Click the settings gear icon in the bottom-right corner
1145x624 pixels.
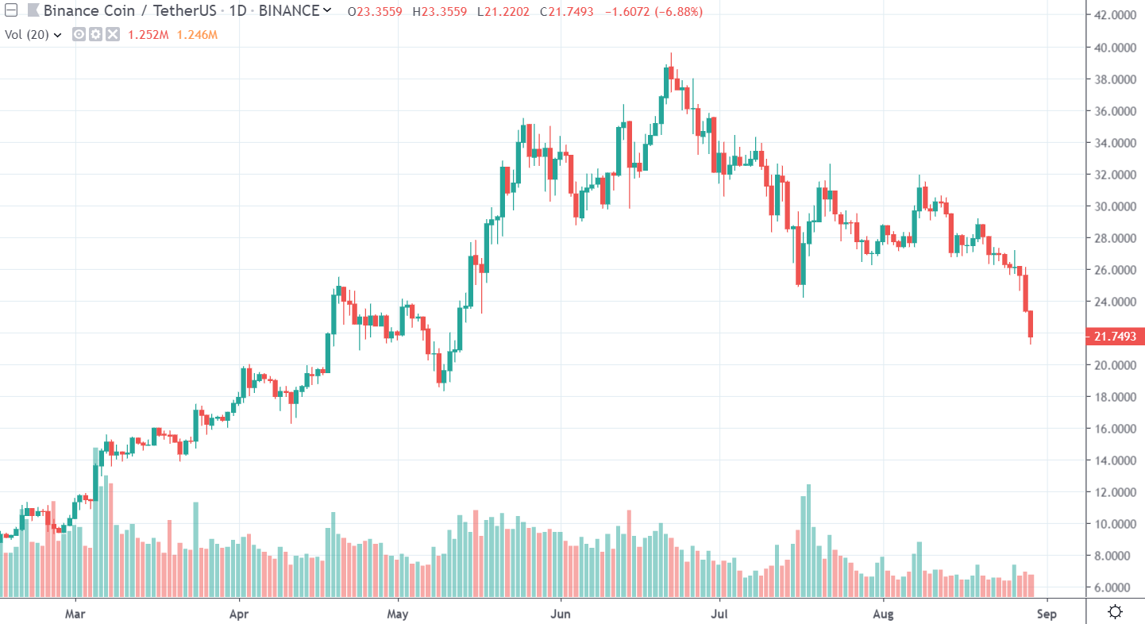1115,611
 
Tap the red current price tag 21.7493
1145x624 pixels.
1115,337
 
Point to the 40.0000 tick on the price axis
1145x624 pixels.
1115,48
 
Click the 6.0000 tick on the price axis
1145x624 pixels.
1115,587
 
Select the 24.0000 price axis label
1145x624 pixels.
1115,302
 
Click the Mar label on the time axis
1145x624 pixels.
75,614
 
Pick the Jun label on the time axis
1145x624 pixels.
561,614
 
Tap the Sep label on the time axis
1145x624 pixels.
1047,614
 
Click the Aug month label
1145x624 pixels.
883,614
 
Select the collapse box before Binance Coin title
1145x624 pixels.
11,11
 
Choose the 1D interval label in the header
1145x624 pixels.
239,11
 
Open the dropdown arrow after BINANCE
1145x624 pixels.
327,11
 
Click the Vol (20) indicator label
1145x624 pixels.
28,35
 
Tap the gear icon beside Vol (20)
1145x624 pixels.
95,35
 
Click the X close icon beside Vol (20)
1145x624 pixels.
113,35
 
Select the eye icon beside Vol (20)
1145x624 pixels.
79,35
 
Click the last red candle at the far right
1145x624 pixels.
1031,325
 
